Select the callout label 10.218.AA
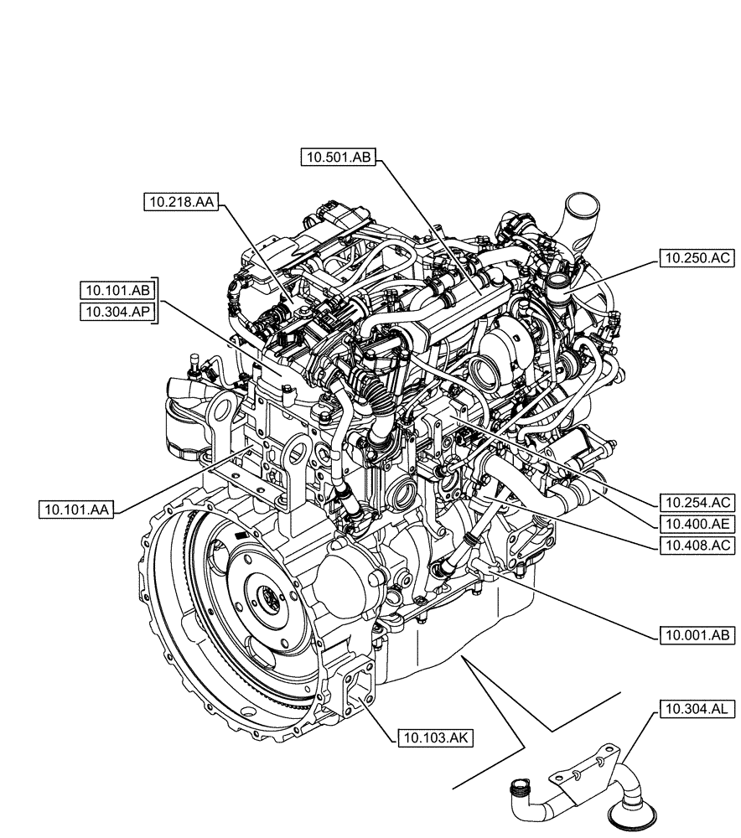(180, 202)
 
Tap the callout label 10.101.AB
(117, 291)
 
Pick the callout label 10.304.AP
(117, 312)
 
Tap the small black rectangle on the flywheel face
(241, 535)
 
